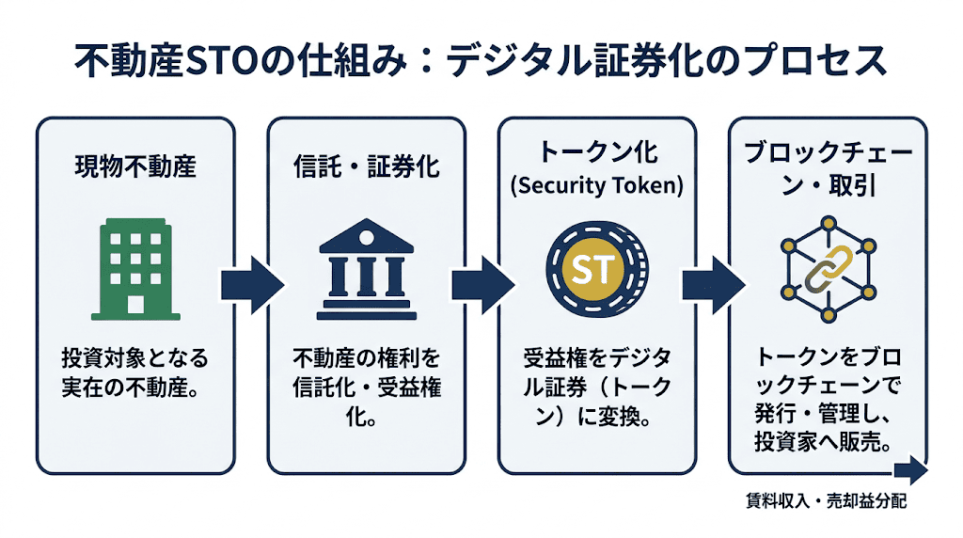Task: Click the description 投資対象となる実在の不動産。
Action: pos(134,373)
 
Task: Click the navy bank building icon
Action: pos(366,270)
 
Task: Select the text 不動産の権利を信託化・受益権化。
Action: pos(366,388)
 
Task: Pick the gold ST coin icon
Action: pos(596,270)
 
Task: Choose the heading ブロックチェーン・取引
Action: pos(827,168)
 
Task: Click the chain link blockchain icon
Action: pos(827,270)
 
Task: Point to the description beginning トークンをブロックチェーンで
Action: pos(827,400)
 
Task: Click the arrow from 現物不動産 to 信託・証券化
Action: pos(250,283)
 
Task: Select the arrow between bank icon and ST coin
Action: pos(481,283)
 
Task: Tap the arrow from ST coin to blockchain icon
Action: pos(712,283)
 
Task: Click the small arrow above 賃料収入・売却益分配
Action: pos(909,472)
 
